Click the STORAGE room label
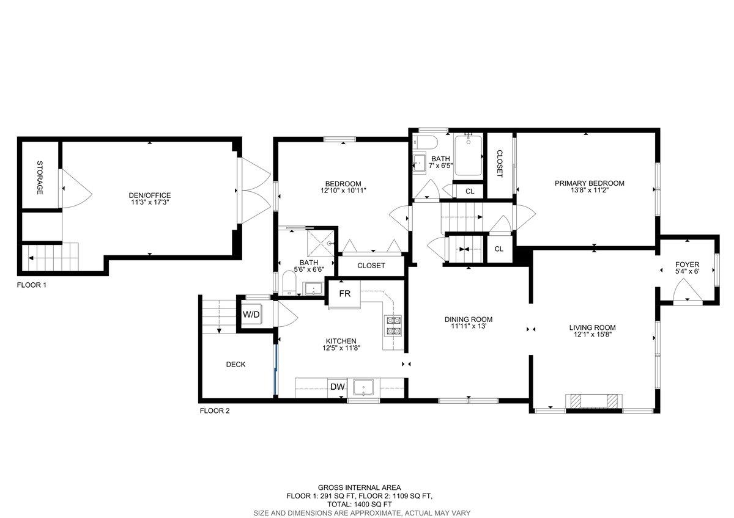pyautogui.click(x=40, y=178)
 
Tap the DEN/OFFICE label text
pyautogui.click(x=150, y=195)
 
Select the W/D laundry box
pyautogui.click(x=251, y=315)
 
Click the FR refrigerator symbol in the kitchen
pyautogui.click(x=345, y=294)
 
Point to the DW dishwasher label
pyautogui.click(x=337, y=387)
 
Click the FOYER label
pyautogui.click(x=687, y=264)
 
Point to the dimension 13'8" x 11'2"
pyautogui.click(x=589, y=191)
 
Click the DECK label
pyautogui.click(x=235, y=365)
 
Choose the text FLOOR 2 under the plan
pyautogui.click(x=215, y=411)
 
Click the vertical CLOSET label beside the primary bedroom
pyautogui.click(x=499, y=164)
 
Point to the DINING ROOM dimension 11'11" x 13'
pyautogui.click(x=468, y=327)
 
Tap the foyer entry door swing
pyautogui.click(x=686, y=293)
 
